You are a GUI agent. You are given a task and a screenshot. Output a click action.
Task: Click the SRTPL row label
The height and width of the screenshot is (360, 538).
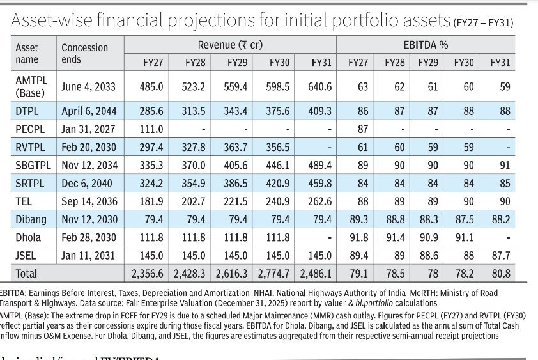(29, 184)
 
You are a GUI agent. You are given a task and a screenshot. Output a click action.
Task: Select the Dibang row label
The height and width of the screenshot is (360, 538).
(31, 219)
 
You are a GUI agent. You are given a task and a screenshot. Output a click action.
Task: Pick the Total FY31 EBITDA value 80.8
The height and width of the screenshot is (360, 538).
(500, 274)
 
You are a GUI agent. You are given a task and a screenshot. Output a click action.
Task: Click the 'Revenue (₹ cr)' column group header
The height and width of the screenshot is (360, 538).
(230, 45)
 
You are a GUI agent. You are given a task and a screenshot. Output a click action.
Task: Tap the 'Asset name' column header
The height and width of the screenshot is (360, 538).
(27, 54)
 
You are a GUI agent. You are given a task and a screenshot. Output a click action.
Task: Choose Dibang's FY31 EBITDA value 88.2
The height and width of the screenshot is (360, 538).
(500, 219)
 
